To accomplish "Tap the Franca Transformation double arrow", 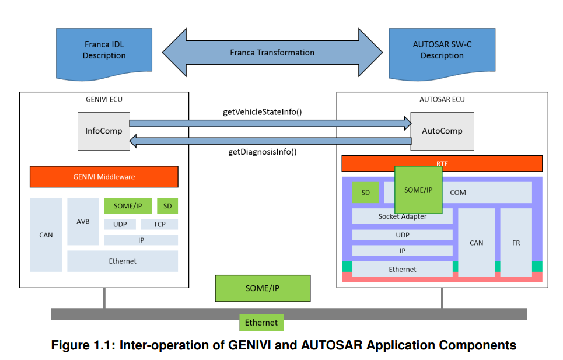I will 272,53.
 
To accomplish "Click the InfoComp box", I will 104,131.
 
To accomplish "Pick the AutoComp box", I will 442,131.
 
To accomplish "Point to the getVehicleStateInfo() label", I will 262,111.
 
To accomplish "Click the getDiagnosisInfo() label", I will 262,152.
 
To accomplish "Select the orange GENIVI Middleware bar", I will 104,176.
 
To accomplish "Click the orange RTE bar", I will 442,163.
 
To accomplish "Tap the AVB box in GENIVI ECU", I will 83,222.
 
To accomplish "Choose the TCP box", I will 159,224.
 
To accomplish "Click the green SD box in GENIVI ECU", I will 167,206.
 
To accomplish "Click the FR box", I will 516,243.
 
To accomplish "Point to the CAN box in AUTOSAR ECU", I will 476,243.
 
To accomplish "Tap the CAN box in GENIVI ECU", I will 46,235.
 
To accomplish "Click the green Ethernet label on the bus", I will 261,323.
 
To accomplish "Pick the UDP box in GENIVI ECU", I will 120,224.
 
